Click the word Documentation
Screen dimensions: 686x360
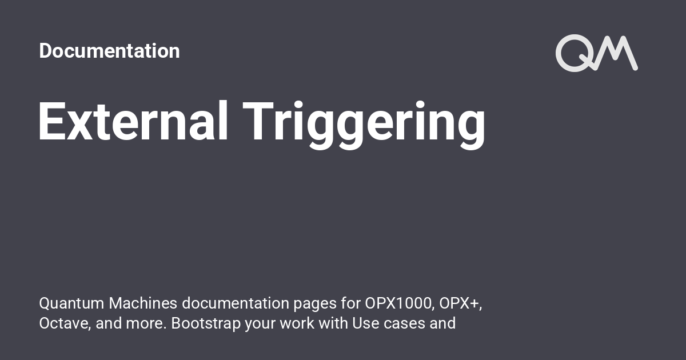click(109, 50)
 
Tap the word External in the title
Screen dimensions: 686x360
click(133, 121)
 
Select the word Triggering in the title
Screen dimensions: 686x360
click(364, 125)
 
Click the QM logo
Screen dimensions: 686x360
click(597, 53)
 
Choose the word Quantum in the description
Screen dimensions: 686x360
click(71, 303)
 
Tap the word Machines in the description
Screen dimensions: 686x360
click(143, 303)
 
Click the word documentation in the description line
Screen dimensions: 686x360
click(236, 303)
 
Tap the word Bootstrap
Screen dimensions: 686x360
click(206, 324)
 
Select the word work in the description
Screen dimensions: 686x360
click(297, 323)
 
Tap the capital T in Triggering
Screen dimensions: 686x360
click(258, 121)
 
